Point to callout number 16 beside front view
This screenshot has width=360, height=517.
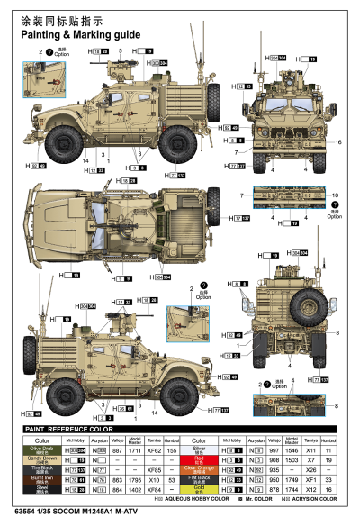click(x=338, y=142)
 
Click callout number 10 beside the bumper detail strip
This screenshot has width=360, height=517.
click(x=334, y=195)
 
